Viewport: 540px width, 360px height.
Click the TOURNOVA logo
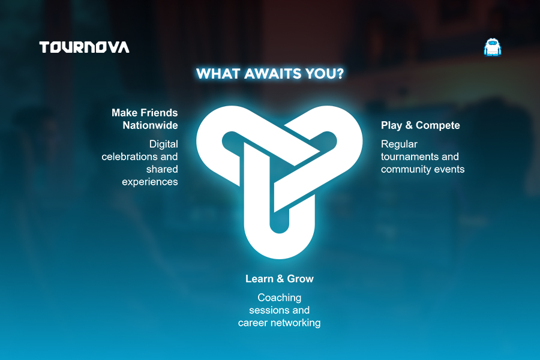(x=85, y=47)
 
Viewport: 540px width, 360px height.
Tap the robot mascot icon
(x=493, y=47)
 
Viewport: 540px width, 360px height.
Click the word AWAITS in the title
(x=272, y=74)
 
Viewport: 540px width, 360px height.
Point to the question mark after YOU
(x=340, y=74)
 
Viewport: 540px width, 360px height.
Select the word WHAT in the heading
(x=218, y=74)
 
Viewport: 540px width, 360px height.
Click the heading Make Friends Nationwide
(x=145, y=119)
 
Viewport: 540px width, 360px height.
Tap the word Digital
(x=164, y=145)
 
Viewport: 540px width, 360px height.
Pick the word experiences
(x=150, y=182)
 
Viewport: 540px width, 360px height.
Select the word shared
(x=162, y=169)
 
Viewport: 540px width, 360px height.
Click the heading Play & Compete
(x=420, y=125)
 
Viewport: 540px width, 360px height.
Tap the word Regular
(x=399, y=145)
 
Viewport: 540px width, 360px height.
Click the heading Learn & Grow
(x=279, y=278)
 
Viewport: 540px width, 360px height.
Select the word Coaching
(x=279, y=298)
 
